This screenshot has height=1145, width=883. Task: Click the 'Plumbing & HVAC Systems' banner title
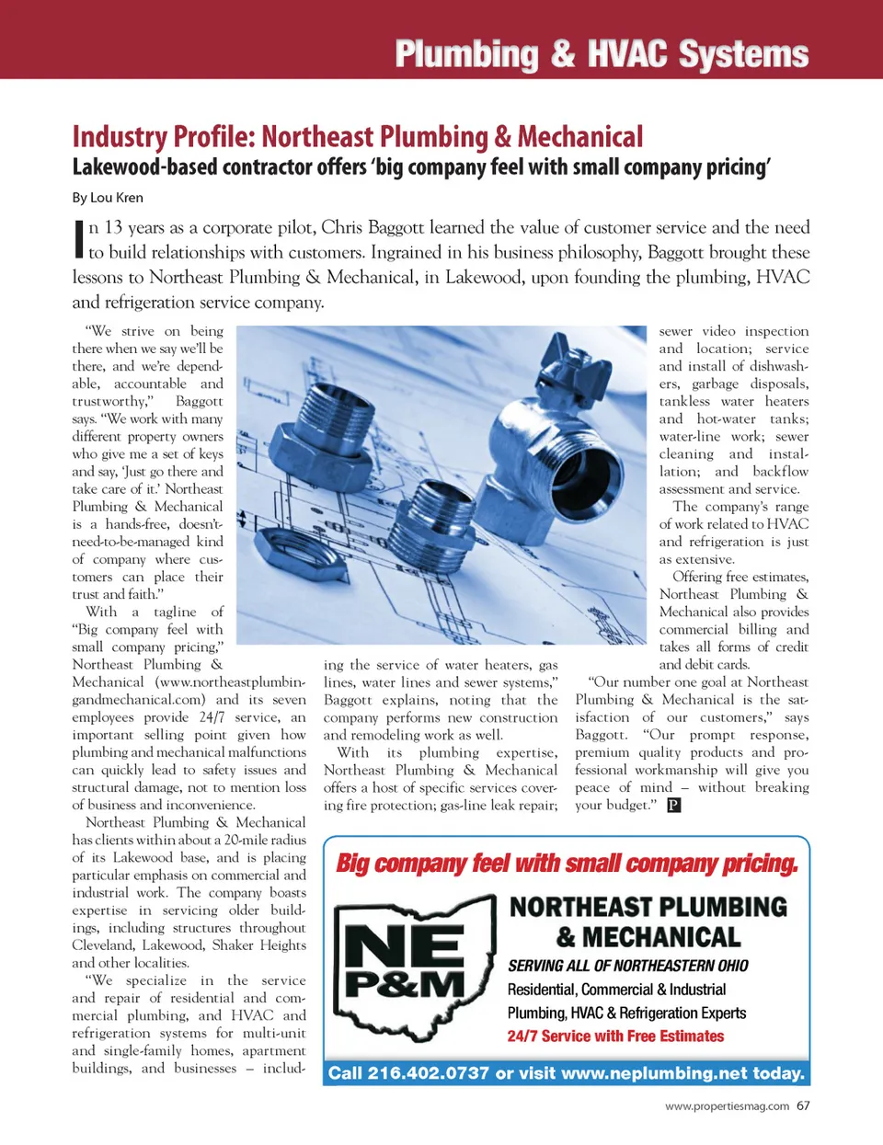click(x=602, y=54)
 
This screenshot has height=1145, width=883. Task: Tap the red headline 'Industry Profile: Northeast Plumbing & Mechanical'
click(x=358, y=137)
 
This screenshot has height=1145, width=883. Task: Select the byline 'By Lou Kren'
click(x=108, y=198)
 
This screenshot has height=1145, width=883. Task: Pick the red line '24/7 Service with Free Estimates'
click(x=615, y=1036)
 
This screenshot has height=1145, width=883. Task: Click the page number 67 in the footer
click(x=803, y=1105)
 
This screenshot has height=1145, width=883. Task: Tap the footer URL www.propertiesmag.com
click(x=727, y=1106)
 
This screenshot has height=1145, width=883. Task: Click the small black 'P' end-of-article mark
click(x=673, y=806)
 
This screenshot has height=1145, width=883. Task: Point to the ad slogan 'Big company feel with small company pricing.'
click(x=567, y=864)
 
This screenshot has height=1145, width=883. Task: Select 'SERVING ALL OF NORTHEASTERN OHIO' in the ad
click(x=628, y=966)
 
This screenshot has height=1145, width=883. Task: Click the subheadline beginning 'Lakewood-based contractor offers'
click(x=421, y=167)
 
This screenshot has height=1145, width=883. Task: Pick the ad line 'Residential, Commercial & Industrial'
click(x=616, y=990)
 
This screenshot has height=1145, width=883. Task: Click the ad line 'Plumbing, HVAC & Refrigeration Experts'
click(x=626, y=1013)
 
